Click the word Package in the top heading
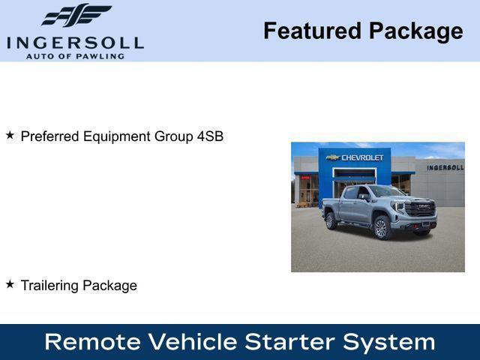pos(415,31)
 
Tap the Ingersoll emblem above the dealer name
pos(76,15)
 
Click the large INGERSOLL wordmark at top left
pos(75,42)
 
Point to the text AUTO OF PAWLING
pos(75,56)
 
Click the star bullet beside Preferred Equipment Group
pos(10,136)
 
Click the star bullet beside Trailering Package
pos(10,284)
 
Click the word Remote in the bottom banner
pos(91,342)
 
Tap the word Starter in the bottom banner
pos(292,342)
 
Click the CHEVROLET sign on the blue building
pos(362,157)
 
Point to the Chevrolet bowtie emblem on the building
pos(334,157)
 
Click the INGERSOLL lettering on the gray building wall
pos(445,167)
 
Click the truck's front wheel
pos(382,227)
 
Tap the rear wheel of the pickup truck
pos(331,220)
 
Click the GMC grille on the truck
pos(421,208)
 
